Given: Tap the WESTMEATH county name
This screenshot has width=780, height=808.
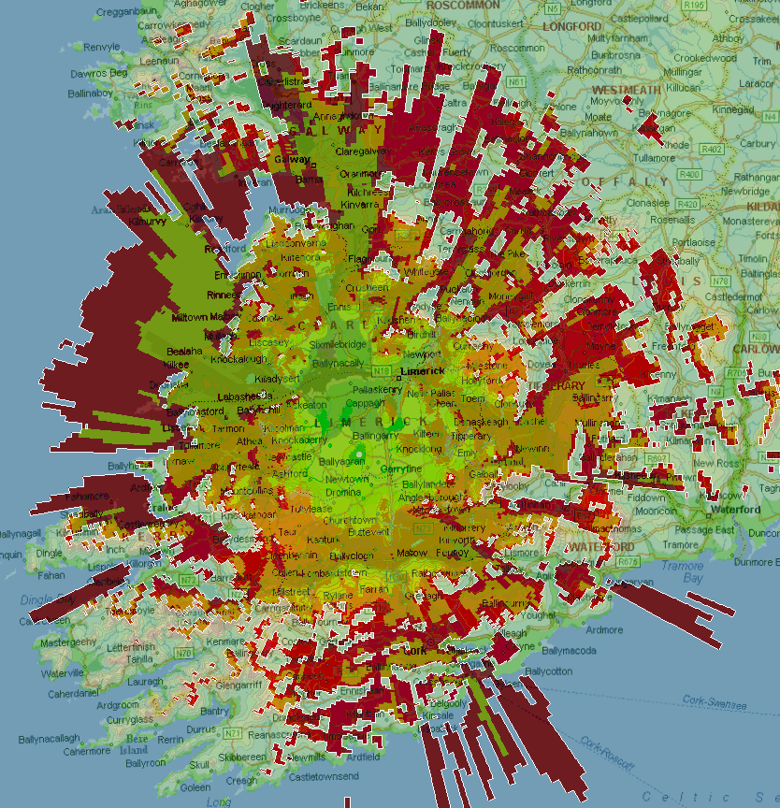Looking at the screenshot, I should (x=626, y=90).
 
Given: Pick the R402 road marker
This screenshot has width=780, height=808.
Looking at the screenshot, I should (x=712, y=149).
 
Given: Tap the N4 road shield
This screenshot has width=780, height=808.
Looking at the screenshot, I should (x=745, y=109).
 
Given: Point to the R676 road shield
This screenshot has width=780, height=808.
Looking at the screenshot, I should (x=628, y=562).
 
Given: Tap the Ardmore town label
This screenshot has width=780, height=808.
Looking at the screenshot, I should (x=603, y=630).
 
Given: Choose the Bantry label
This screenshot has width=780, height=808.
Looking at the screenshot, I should (x=214, y=713).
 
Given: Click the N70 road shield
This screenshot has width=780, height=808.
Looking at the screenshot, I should (x=183, y=653).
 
